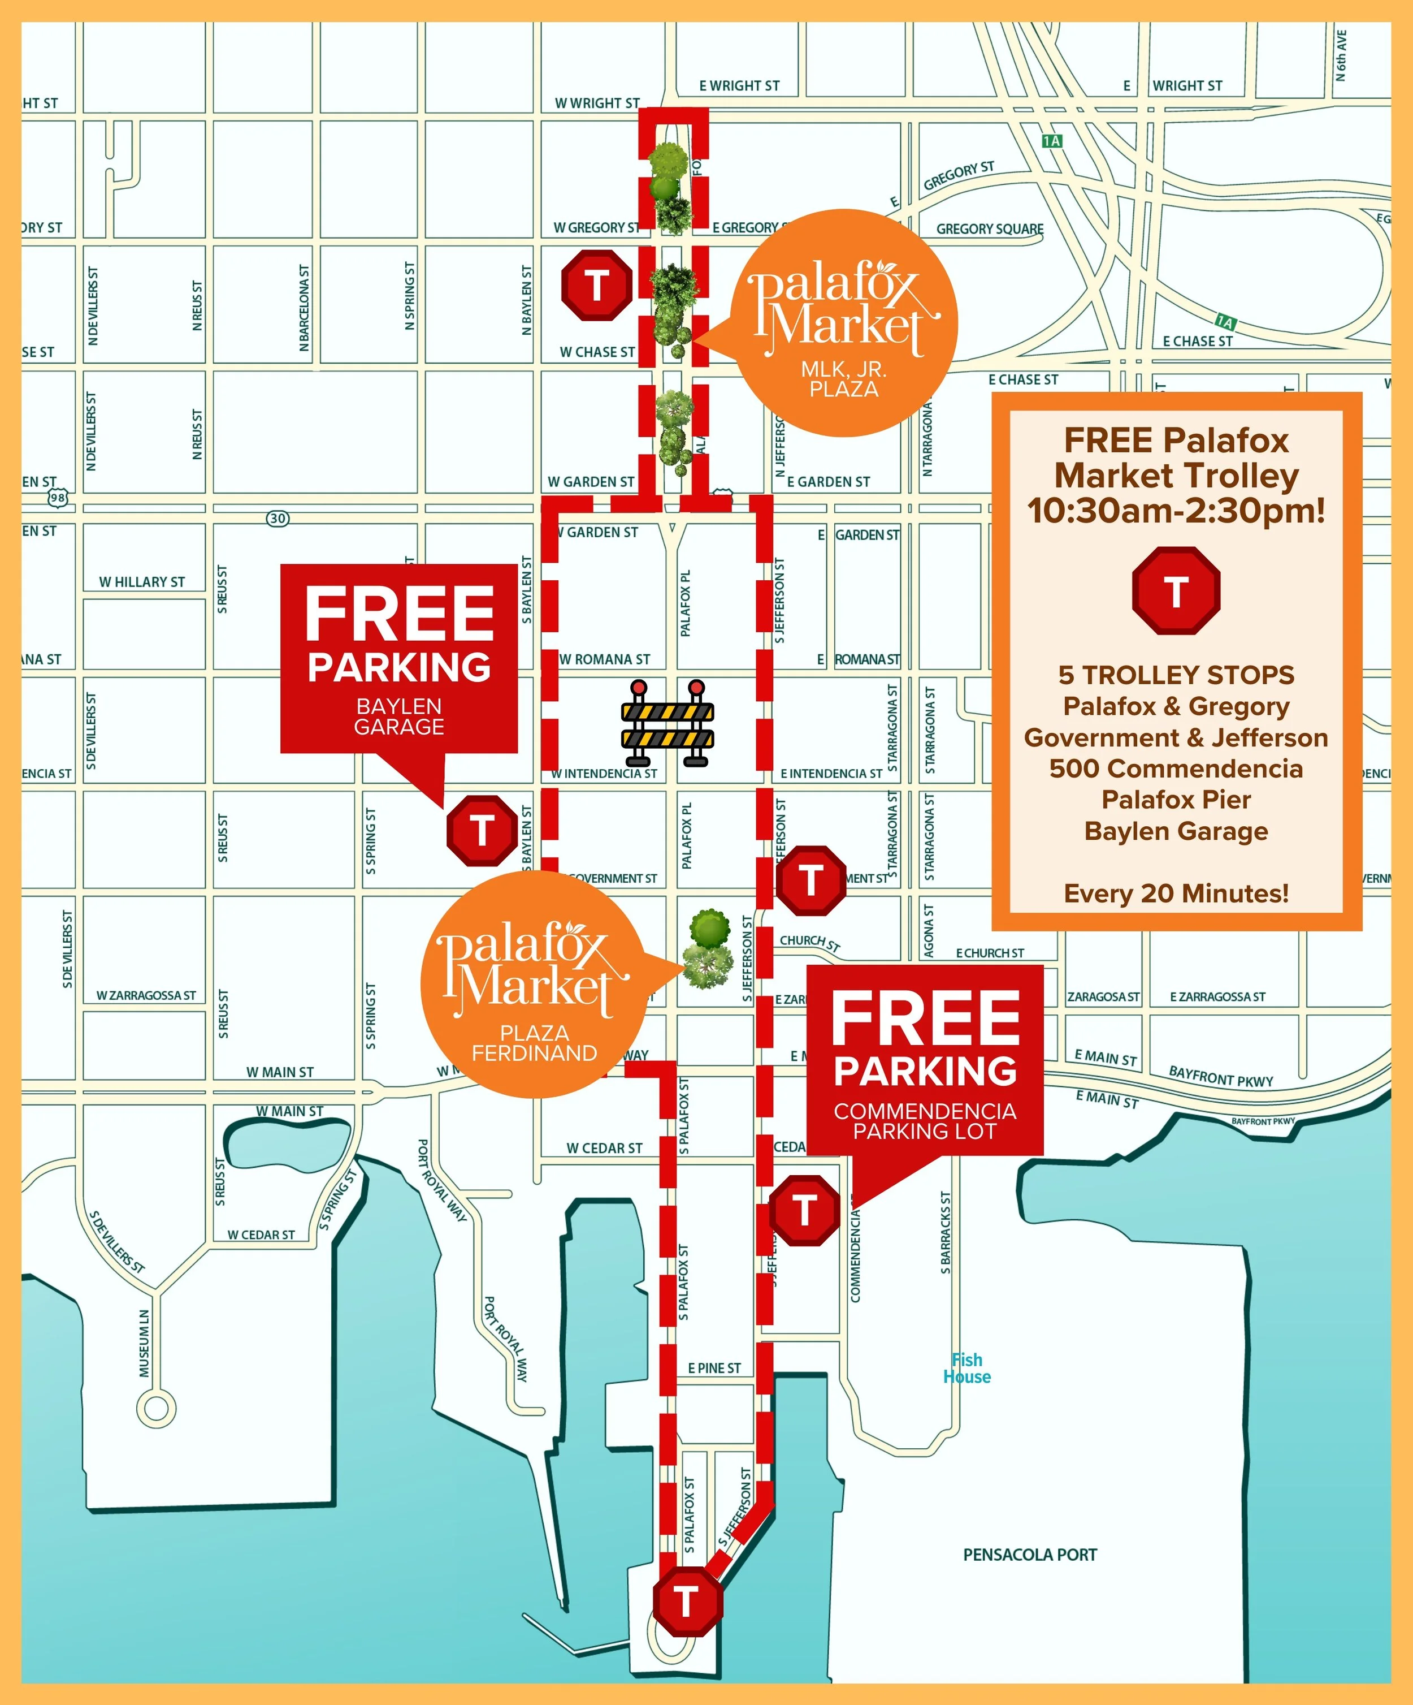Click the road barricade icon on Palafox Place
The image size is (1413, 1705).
pyautogui.click(x=667, y=723)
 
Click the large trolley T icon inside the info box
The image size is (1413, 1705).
pyautogui.click(x=1176, y=590)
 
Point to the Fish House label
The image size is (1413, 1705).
pyautogui.click(x=966, y=1368)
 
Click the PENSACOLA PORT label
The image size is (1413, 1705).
pyautogui.click(x=1029, y=1555)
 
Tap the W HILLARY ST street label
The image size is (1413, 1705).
pyautogui.click(x=142, y=582)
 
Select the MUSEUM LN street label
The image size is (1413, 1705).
pyautogui.click(x=145, y=1343)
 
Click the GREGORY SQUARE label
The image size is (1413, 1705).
pyautogui.click(x=989, y=229)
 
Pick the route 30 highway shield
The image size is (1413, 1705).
pyautogui.click(x=278, y=518)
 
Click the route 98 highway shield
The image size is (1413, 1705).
pyautogui.click(x=57, y=498)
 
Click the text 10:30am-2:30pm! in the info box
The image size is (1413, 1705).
pyautogui.click(x=1176, y=511)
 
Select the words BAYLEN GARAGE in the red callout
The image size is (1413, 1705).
pyautogui.click(x=398, y=716)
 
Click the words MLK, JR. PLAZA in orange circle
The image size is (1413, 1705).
pyautogui.click(x=843, y=379)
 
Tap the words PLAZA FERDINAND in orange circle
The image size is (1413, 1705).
pyautogui.click(x=534, y=1042)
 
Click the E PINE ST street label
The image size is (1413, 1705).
pyautogui.click(x=714, y=1368)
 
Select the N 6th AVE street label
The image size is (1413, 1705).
pyautogui.click(x=1342, y=55)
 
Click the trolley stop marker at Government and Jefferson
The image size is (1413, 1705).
pyautogui.click(x=811, y=880)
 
